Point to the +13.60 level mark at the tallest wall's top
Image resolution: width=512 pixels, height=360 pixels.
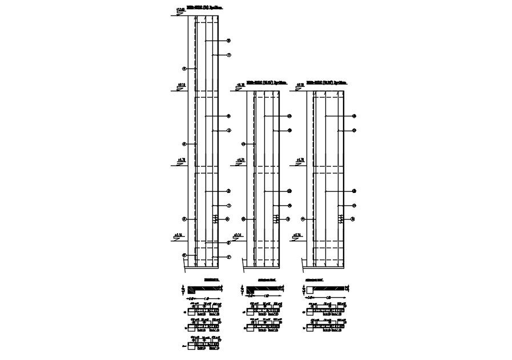tap(180, 10)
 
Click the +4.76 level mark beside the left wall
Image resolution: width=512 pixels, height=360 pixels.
tap(182, 160)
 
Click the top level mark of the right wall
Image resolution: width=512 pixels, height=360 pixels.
tap(299, 85)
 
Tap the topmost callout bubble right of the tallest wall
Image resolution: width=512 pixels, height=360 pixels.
tap(228, 41)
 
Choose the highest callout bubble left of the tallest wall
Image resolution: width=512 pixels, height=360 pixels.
tap(184, 68)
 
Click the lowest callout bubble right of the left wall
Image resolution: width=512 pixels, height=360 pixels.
tap(228, 257)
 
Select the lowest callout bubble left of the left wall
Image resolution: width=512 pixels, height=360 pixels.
tap(184, 255)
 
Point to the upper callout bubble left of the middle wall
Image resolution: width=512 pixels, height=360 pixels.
tap(243, 144)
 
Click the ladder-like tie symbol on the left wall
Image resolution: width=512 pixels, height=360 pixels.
tap(215, 219)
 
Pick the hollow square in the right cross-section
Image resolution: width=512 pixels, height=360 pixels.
tap(310, 290)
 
